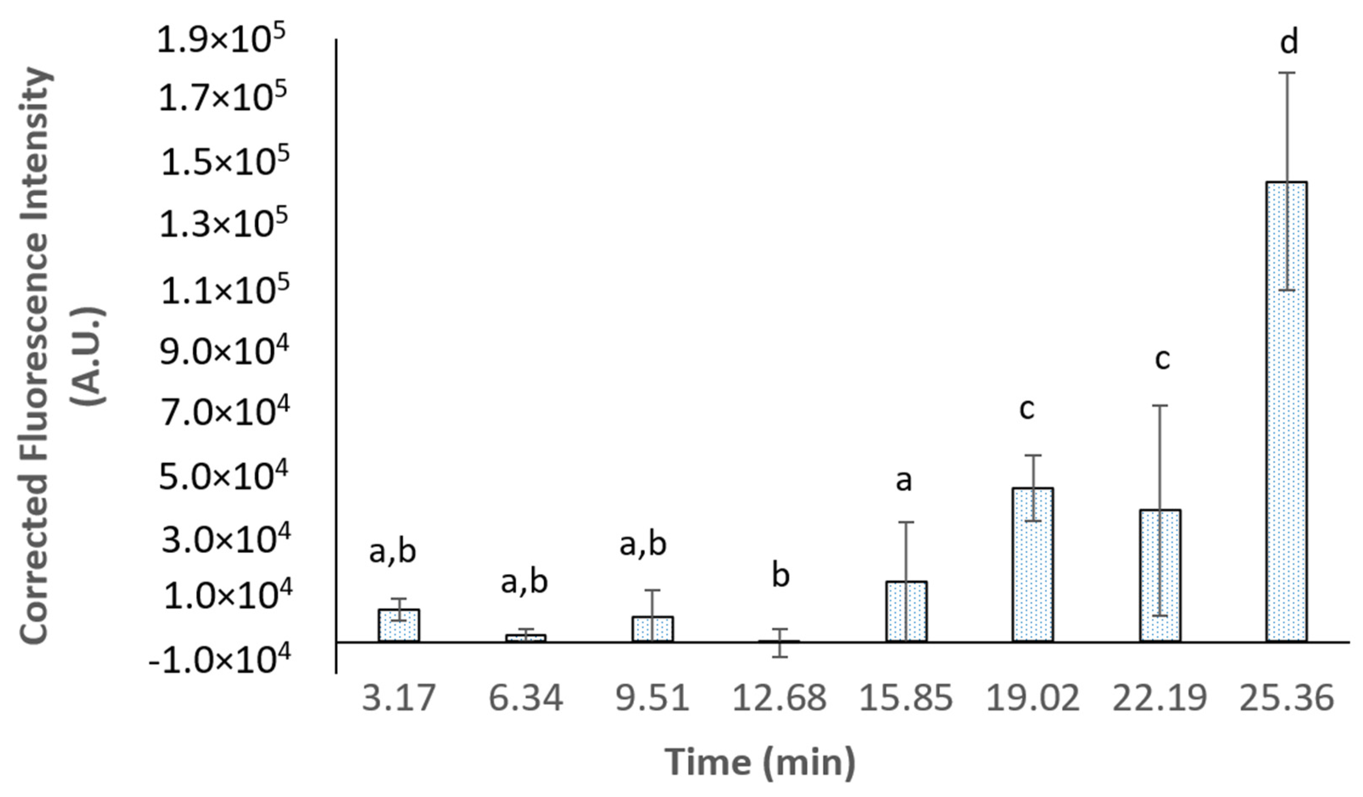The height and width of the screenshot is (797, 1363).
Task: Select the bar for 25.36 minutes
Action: pyautogui.click(x=1287, y=411)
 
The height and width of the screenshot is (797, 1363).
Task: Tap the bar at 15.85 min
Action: pyautogui.click(x=906, y=611)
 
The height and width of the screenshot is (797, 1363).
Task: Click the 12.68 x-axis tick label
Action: pyautogui.click(x=779, y=698)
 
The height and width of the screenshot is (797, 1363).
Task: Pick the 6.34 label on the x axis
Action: pyautogui.click(x=526, y=698)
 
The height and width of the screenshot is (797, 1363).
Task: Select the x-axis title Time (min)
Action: pyautogui.click(x=760, y=762)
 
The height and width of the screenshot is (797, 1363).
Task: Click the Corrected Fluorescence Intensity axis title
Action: pyautogui.click(x=38, y=355)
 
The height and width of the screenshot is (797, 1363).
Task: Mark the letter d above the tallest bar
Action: pyautogui.click(x=1289, y=42)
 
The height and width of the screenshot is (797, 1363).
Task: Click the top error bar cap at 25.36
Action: pyautogui.click(x=1287, y=73)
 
